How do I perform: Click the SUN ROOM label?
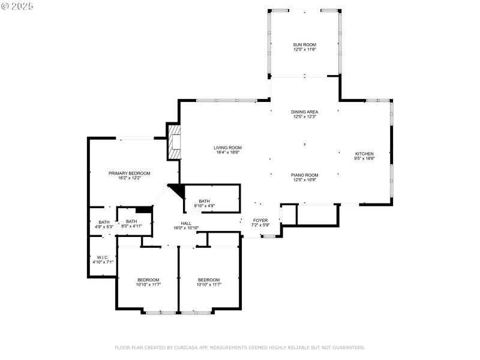pos(304,44)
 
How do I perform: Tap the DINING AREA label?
pos(304,112)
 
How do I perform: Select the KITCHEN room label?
pos(364,153)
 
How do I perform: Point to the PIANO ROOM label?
pos(304,175)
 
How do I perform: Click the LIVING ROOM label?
pos(227,148)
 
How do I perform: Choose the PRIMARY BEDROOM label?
pos(129,173)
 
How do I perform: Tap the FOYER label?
pos(260,220)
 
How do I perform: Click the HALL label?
pos(186,223)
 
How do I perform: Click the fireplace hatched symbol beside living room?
pos(174,142)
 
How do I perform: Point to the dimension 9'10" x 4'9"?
pos(204,206)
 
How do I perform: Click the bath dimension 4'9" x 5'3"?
pos(104,227)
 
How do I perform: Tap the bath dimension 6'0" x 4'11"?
pos(131,226)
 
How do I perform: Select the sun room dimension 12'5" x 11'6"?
pos(304,49)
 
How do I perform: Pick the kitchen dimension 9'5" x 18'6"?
pos(364,158)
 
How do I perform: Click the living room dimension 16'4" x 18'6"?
pos(227,152)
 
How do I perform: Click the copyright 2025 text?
pos(17,5)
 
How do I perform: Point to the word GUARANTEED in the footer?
pos(347,347)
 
